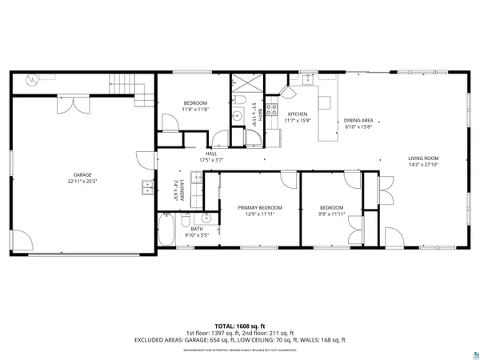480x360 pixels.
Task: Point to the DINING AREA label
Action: [x=358, y=119]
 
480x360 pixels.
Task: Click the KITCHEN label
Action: [x=298, y=114]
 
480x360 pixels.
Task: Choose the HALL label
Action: [x=211, y=154]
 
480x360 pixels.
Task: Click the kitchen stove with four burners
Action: [x=271, y=110]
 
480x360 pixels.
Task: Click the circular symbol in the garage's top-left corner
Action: [x=31, y=81]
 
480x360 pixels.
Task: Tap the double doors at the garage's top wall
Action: [x=81, y=104]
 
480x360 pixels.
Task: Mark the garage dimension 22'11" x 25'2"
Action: [x=83, y=181]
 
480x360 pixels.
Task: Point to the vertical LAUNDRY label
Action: [x=183, y=194]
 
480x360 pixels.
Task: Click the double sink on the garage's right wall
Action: [x=148, y=189]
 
